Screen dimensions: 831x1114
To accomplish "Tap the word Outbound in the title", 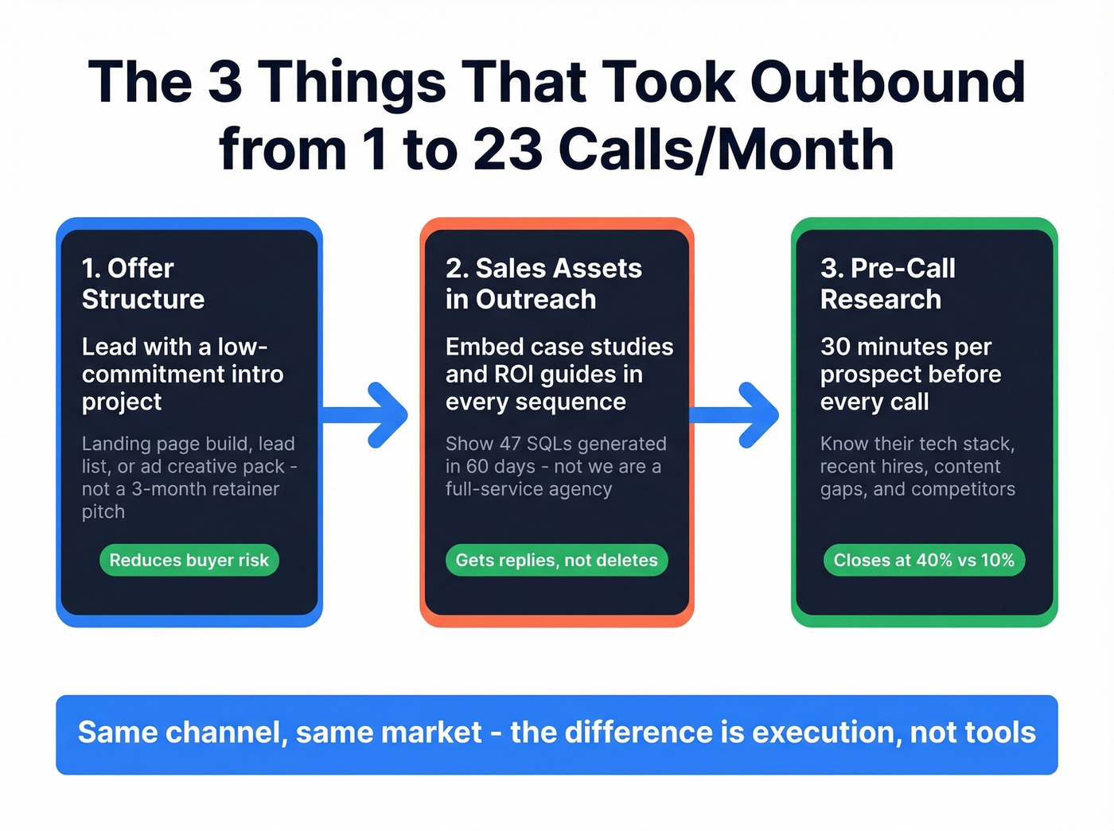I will click(887, 82).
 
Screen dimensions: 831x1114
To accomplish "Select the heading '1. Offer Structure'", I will click(143, 284).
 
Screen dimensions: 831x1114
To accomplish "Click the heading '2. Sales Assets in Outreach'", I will click(543, 284).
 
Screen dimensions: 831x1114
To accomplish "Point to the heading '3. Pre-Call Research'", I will click(887, 284).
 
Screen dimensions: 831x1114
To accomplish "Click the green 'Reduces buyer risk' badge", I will click(189, 560).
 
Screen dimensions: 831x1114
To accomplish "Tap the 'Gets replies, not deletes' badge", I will click(556, 560).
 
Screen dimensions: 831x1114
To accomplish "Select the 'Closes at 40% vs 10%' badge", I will click(924, 560).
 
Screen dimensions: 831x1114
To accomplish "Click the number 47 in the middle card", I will click(509, 444).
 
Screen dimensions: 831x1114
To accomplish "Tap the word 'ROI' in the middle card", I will click(516, 374).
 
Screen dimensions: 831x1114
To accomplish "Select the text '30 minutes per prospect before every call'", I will click(910, 374).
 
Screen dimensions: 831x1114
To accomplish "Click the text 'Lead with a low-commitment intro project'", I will click(182, 374).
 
